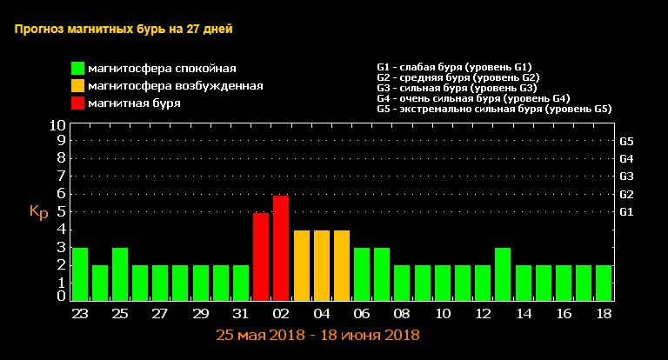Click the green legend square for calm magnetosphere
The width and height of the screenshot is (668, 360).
point(78,68)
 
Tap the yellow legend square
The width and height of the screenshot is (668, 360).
point(78,85)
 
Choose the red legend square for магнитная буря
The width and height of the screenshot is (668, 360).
point(78,103)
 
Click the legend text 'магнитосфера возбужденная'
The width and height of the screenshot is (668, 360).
point(176,86)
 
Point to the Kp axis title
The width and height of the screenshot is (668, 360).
point(38,211)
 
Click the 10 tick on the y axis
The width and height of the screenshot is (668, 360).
point(57,125)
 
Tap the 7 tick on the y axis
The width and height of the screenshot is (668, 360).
point(61,177)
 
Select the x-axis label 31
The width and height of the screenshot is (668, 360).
point(240,313)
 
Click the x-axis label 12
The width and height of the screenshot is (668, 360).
point(483,313)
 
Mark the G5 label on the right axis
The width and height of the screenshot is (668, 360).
point(626,141)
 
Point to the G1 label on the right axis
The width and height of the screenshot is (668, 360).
point(626,211)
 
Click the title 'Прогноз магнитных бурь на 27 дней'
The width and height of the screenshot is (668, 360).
point(124,29)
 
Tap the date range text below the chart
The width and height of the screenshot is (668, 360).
point(317,334)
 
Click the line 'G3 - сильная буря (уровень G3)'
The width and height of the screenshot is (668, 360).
point(457,88)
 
